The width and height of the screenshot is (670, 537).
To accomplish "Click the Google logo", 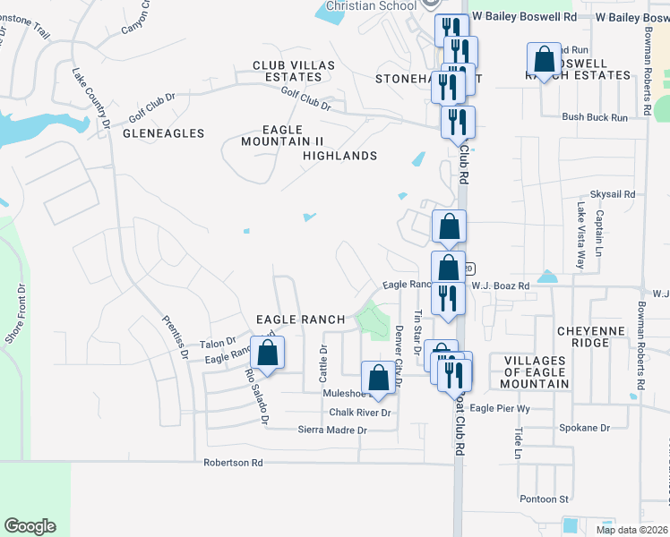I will [x=30, y=526].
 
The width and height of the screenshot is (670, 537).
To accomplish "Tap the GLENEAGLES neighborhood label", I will [x=163, y=133].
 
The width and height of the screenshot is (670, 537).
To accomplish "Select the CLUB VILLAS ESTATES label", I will [x=293, y=72].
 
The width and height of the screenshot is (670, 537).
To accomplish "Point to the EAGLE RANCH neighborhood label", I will [x=301, y=320].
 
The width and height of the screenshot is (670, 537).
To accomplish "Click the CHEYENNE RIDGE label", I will [x=596, y=337].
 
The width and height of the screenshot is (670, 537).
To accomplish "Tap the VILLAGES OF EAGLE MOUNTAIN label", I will [x=536, y=372].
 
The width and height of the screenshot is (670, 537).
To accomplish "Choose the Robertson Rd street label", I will [x=233, y=463].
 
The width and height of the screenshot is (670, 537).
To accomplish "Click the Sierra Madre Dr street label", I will [x=333, y=430].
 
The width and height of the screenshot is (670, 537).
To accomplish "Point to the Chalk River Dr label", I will [x=360, y=413].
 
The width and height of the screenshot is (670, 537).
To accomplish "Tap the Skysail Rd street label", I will [x=612, y=194].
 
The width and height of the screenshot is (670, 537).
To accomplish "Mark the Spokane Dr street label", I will [x=585, y=428].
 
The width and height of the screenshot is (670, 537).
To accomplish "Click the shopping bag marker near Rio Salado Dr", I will [x=268, y=353].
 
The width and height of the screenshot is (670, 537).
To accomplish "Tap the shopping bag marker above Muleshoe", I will [x=378, y=378].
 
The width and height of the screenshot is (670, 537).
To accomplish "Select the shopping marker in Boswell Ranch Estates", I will [x=544, y=60].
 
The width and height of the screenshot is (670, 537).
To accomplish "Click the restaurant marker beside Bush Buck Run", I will [x=458, y=122].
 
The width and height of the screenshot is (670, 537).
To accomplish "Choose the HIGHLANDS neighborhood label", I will [x=339, y=156].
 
